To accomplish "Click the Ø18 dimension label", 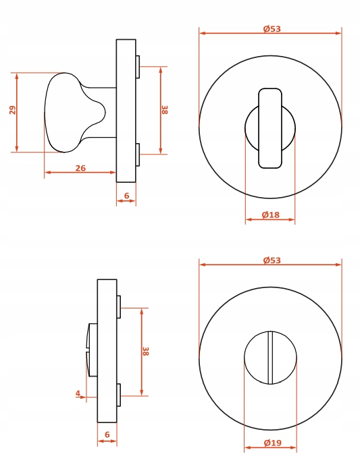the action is click(x=271, y=215).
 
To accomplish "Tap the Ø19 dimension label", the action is click(x=273, y=443).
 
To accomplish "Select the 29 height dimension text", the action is click(x=13, y=110).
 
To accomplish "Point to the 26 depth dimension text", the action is click(x=80, y=168).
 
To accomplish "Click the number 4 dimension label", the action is click(x=78, y=393).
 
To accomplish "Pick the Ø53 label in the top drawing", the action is click(x=272, y=29).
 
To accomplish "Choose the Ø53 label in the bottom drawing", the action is click(x=272, y=260).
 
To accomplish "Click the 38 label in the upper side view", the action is click(x=165, y=110).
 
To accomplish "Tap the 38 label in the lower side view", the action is click(x=145, y=351).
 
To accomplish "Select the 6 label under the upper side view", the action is click(x=126, y=196).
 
